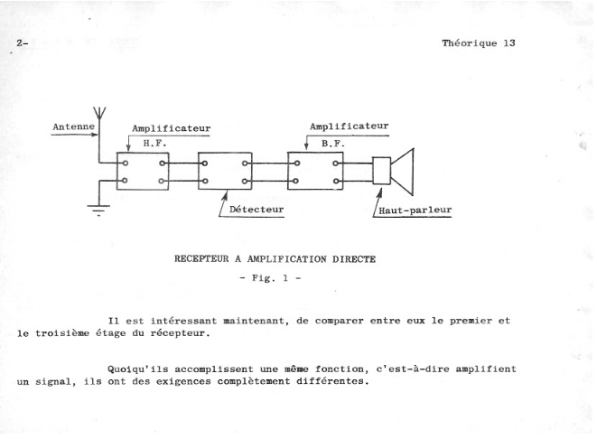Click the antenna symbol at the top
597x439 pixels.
(x=99, y=113)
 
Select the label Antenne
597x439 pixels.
(x=73, y=126)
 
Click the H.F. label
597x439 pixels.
(x=154, y=144)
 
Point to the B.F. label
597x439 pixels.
(x=333, y=144)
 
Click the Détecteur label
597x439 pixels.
(x=257, y=210)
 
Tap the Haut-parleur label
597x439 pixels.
(x=415, y=210)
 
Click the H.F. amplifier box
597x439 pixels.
(x=143, y=153)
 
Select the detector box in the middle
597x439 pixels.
(x=225, y=153)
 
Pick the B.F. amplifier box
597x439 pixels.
(x=315, y=153)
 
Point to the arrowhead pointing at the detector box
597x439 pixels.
(x=225, y=196)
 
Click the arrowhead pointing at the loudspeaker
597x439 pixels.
(x=379, y=192)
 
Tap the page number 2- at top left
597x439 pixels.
(x=23, y=43)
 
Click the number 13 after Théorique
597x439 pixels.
(x=509, y=43)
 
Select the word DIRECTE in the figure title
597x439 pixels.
(x=354, y=259)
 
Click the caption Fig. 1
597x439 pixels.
(x=270, y=278)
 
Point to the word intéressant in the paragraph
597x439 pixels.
(x=184, y=321)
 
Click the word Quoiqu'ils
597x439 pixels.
(x=138, y=369)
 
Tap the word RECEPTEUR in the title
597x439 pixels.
(x=201, y=259)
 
